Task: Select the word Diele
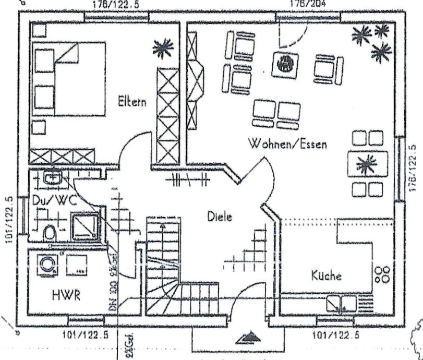(x=220, y=217)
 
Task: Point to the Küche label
(x=327, y=275)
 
